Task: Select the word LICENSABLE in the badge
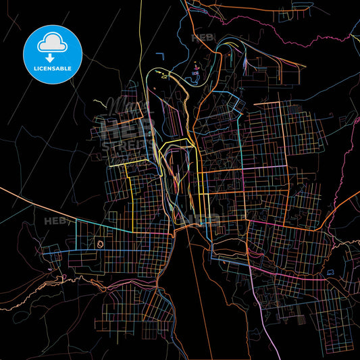pos(52,69)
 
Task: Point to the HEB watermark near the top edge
pos(203,38)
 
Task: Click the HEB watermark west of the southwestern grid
pos(55,221)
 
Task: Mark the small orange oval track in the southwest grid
pos(101,244)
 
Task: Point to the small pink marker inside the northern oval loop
pos(197,66)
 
